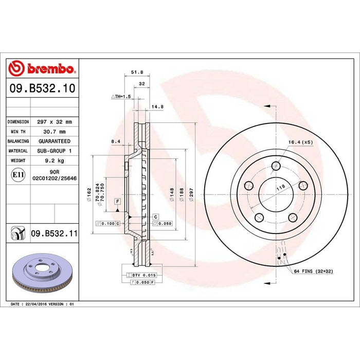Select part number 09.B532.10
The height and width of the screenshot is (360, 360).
[x=42, y=89]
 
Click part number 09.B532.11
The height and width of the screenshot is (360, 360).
[x=53, y=233]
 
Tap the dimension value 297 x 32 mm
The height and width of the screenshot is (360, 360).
[x=55, y=122]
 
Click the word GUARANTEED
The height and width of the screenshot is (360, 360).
[x=55, y=141]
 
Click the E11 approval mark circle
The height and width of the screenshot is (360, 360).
[x=18, y=175]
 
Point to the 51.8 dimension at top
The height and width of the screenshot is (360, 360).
[x=137, y=73]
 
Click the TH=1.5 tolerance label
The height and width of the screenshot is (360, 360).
[x=121, y=97]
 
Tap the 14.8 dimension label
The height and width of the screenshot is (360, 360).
[x=157, y=107]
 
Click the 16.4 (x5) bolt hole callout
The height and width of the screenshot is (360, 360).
[x=300, y=142]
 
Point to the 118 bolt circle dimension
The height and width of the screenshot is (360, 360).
[x=281, y=188]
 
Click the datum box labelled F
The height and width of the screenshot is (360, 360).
[x=118, y=201]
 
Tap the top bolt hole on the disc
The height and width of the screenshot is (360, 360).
[x=276, y=166]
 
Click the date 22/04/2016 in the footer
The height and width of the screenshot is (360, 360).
[x=35, y=304]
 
